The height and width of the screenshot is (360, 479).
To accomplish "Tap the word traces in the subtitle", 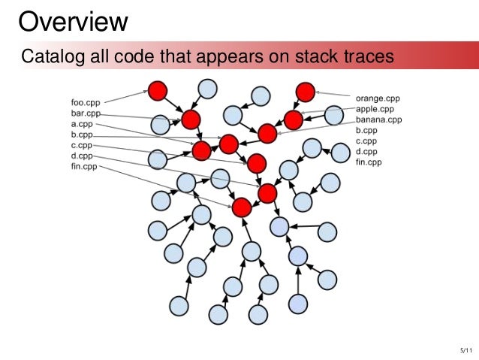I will point(364,56).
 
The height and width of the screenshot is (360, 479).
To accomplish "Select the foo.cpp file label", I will point(86,102).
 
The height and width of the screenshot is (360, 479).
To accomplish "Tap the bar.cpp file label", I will point(86,113).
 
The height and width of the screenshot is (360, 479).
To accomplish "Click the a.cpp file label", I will point(81,123).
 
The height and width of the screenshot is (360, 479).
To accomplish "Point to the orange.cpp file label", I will point(378,97).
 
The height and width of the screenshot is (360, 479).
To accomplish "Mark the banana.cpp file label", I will point(378,119).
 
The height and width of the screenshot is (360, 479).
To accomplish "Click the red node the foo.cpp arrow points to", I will point(157,92).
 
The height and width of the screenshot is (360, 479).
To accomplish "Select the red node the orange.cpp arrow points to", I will point(304,92).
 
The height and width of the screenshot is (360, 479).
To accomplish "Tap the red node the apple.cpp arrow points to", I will point(293,119).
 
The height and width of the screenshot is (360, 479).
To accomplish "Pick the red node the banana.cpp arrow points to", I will point(267,134).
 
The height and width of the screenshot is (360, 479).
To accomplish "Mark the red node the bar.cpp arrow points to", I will point(191,119).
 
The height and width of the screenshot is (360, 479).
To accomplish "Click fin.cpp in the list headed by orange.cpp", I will point(369,162).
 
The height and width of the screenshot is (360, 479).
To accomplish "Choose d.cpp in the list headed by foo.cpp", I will point(81,156).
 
